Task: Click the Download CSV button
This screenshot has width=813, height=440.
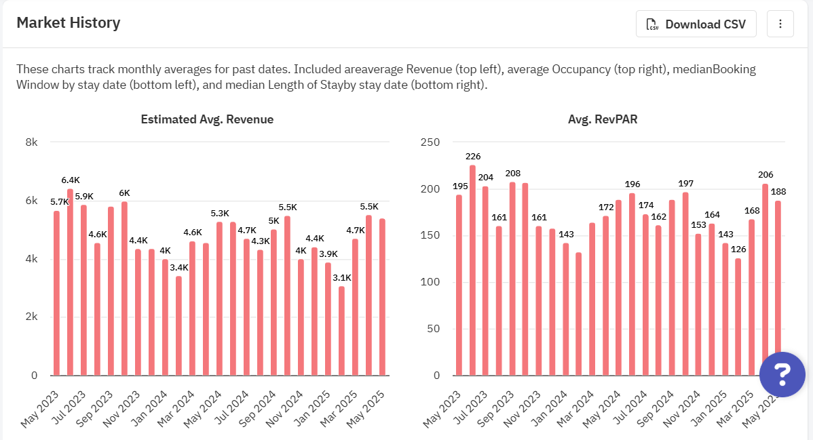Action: tap(698, 24)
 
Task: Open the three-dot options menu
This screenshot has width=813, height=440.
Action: tap(780, 24)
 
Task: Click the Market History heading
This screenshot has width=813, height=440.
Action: tap(68, 23)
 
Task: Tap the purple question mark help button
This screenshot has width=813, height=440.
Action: tap(782, 374)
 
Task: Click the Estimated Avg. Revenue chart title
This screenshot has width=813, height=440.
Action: tap(207, 119)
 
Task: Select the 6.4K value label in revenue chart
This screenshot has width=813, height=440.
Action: tap(70, 180)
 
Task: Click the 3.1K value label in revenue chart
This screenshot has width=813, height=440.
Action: tap(341, 277)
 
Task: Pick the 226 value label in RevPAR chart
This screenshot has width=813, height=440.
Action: tap(473, 157)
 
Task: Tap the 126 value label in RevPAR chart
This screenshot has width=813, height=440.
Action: tap(738, 249)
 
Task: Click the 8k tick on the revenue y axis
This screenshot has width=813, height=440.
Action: tap(31, 142)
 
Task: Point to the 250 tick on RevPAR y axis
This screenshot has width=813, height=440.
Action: tap(431, 142)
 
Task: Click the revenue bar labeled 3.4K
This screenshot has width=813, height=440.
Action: tap(178, 325)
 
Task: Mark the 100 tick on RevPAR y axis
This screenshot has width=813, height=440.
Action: tap(431, 283)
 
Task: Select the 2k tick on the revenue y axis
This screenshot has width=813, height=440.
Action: tap(31, 317)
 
